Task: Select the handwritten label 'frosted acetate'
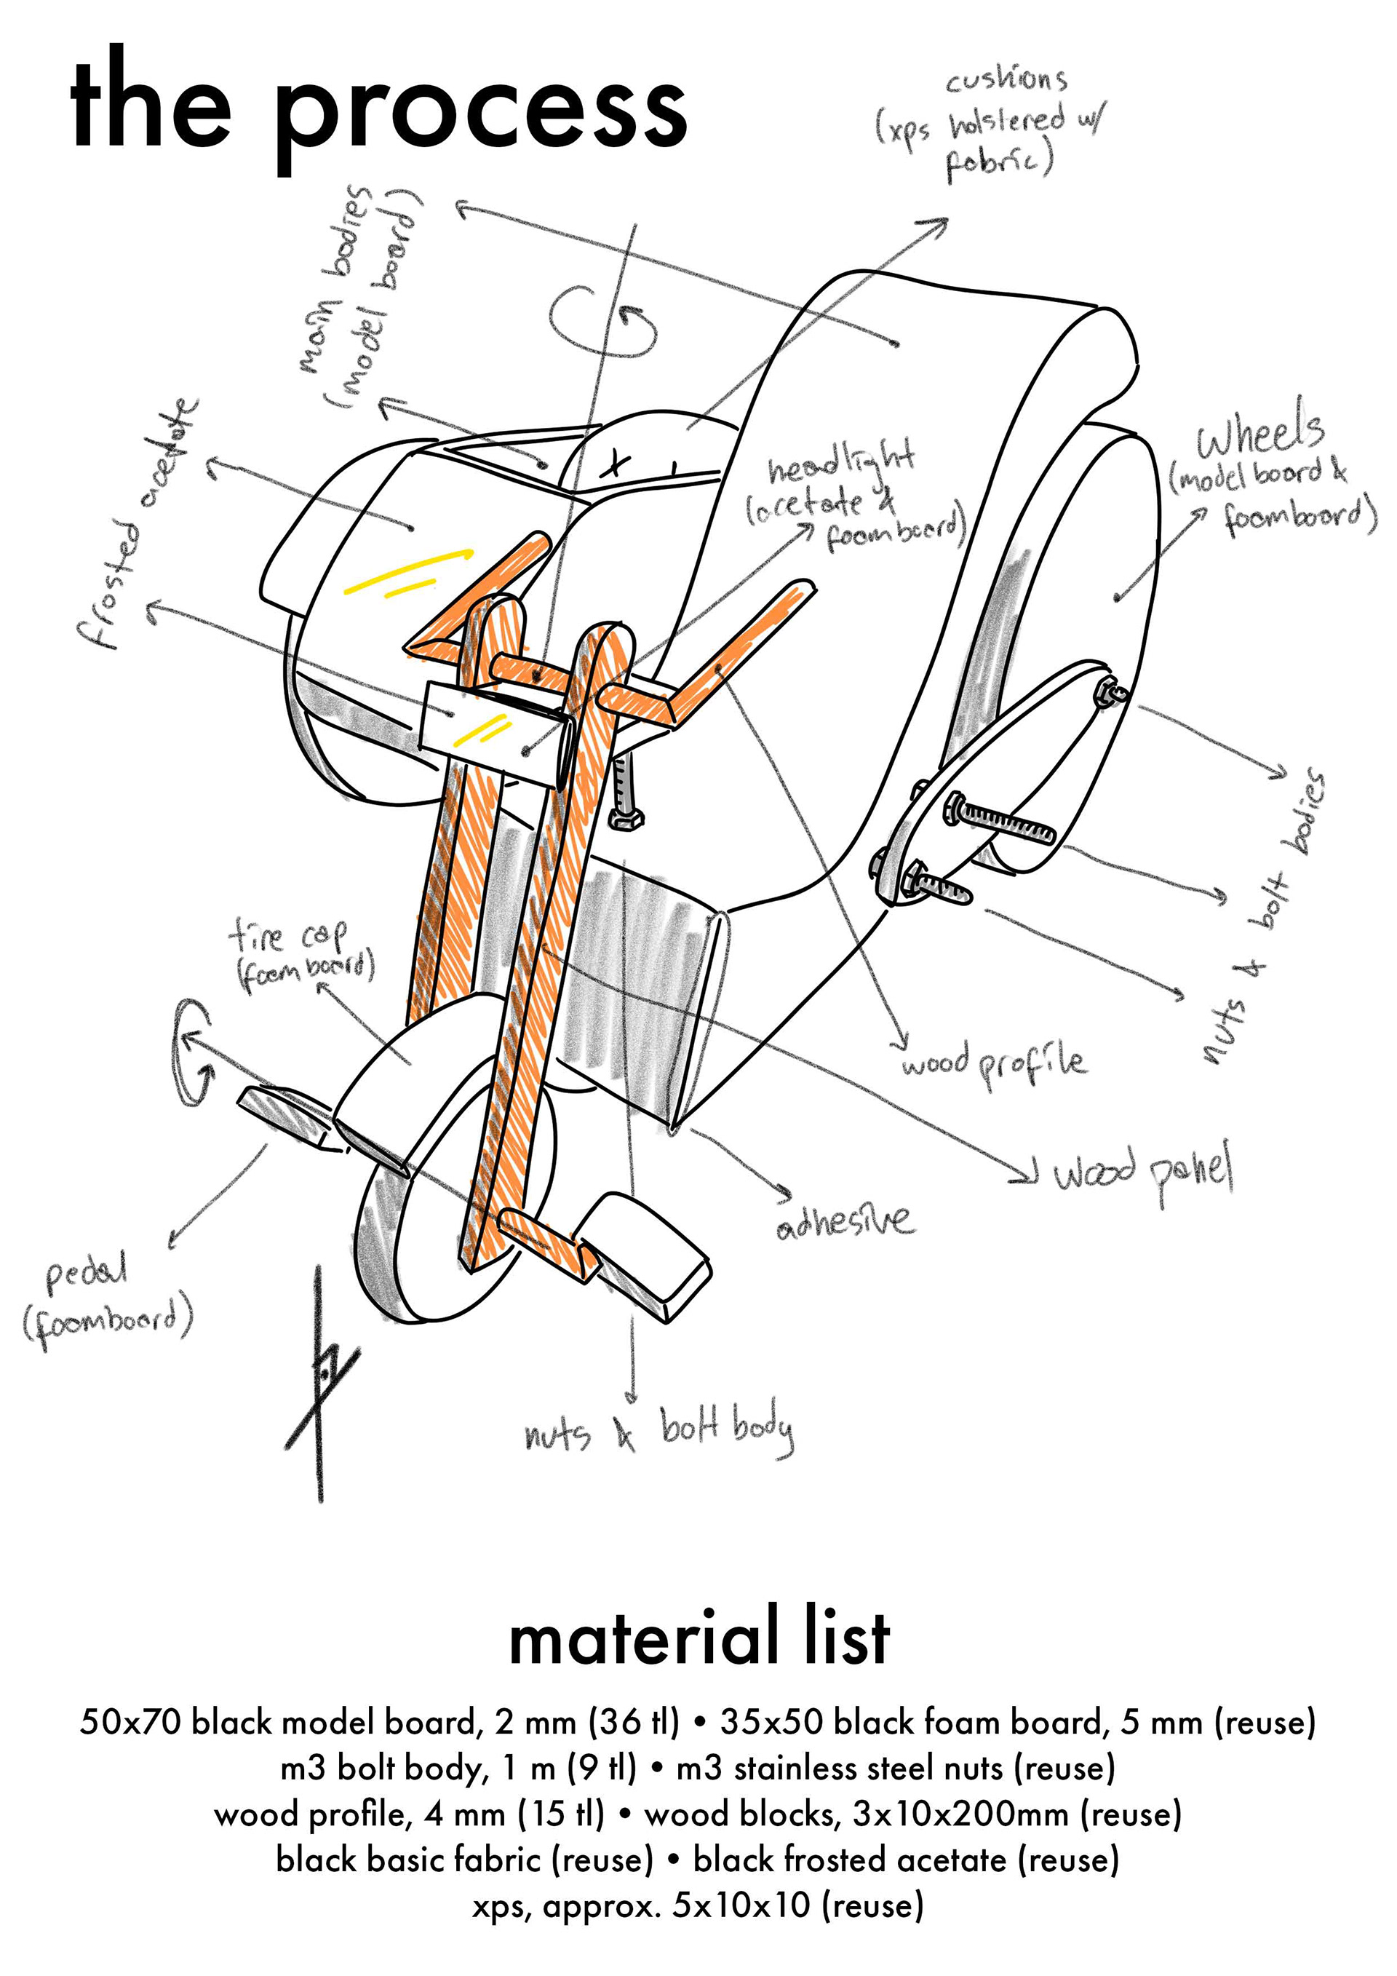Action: (x=138, y=525)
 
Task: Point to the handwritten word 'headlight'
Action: (x=840, y=465)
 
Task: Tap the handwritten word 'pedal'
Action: (x=86, y=1275)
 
